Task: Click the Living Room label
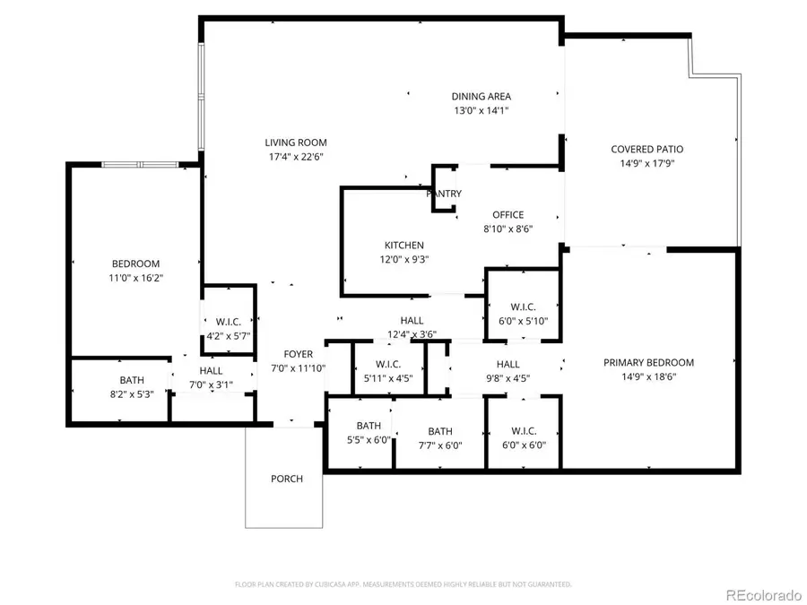click(x=295, y=143)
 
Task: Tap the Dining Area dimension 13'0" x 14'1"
click(x=481, y=111)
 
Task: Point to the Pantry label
click(x=444, y=194)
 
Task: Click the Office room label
click(x=508, y=215)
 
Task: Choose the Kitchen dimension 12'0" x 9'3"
click(x=403, y=260)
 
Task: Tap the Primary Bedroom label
click(x=648, y=363)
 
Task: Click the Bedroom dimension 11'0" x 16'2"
click(x=135, y=278)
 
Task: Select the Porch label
click(x=287, y=479)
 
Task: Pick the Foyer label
click(x=299, y=355)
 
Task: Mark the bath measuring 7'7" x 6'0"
click(x=439, y=431)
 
